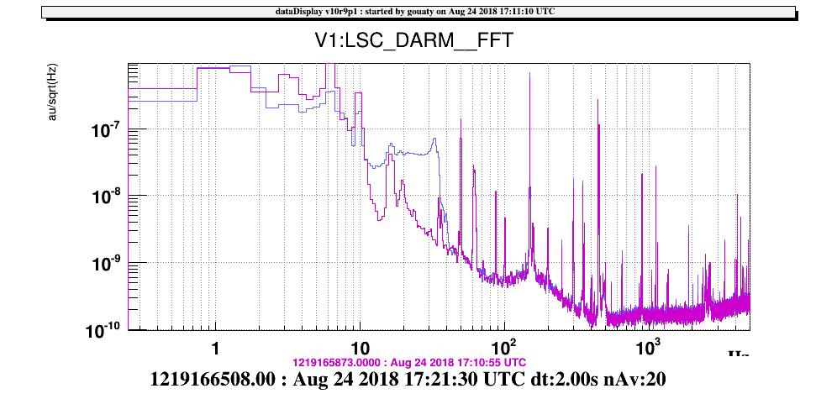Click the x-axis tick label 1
pos(215,348)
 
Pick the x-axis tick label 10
pos(359,347)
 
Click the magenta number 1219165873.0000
pos(332,362)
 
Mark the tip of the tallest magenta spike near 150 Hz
pos(529,72)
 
